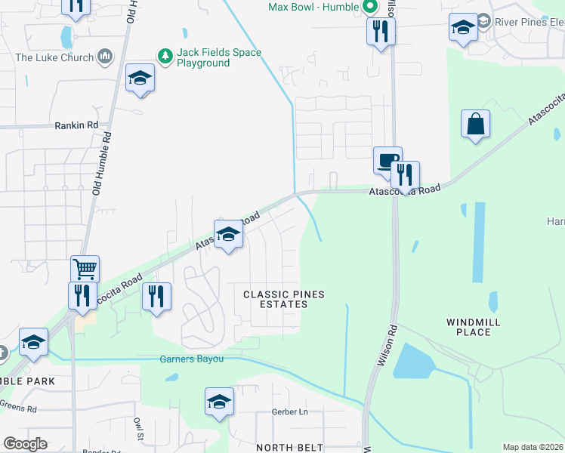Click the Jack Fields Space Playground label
click(x=219, y=57)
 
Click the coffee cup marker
click(x=387, y=162)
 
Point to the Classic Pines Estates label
click(x=275, y=298)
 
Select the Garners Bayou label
click(x=191, y=359)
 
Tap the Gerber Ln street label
click(x=291, y=412)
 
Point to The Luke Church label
click(x=54, y=57)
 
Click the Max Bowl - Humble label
click(x=313, y=8)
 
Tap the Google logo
click(x=25, y=444)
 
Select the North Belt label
click(x=290, y=447)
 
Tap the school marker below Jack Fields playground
click(x=140, y=78)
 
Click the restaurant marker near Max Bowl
click(x=381, y=32)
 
